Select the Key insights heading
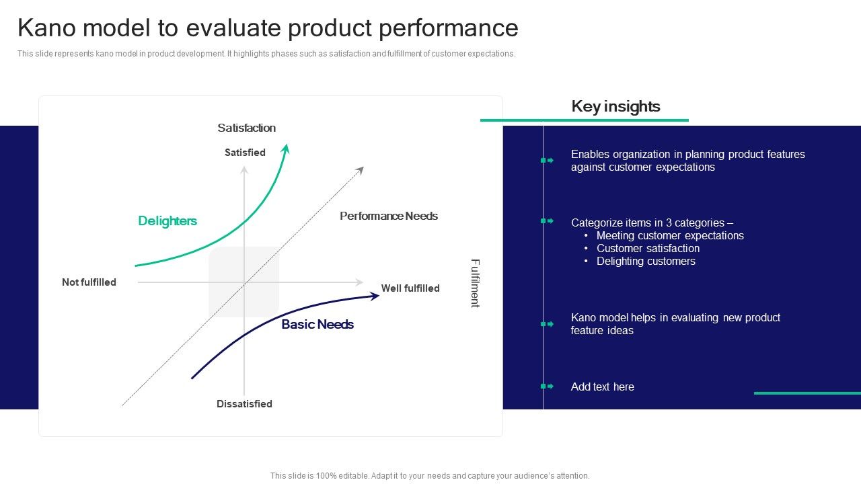click(615, 106)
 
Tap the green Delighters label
click(167, 221)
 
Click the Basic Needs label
click(317, 325)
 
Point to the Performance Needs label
click(388, 216)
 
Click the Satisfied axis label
click(245, 153)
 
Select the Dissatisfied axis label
click(244, 404)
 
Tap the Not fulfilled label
click(89, 282)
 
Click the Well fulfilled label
click(410, 288)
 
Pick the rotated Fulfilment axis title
click(475, 283)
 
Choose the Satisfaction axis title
click(246, 128)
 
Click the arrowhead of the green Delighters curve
click(286, 149)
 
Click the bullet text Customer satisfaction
click(648, 249)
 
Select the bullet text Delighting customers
click(646, 261)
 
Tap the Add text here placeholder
click(602, 387)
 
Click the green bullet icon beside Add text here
click(547, 387)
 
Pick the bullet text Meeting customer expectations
click(670, 236)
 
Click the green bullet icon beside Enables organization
click(547, 161)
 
